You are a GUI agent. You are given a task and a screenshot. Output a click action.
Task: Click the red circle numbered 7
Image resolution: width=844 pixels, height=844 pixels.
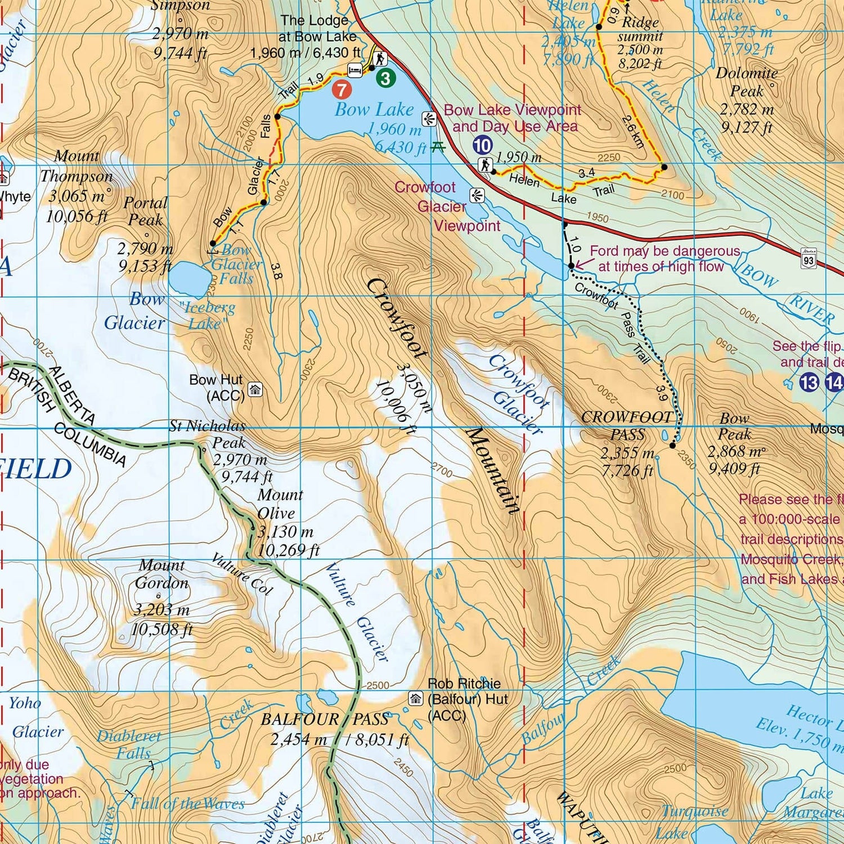[342, 89]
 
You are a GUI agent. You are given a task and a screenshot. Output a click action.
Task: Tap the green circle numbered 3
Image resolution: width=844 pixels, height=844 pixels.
[385, 78]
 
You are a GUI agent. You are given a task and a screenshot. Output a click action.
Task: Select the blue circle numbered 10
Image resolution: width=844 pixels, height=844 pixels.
[482, 145]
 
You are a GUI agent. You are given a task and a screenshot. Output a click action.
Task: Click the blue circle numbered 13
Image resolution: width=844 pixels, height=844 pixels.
[809, 383]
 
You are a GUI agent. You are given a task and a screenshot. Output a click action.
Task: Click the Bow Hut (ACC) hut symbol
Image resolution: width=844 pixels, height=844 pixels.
[255, 389]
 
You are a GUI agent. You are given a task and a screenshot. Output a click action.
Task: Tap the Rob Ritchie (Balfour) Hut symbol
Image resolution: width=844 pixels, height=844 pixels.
[416, 699]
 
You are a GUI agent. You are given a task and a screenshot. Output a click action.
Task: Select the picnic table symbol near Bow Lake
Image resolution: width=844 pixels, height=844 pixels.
[438, 147]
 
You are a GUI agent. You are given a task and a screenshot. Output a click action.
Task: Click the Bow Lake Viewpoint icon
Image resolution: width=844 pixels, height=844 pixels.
[429, 119]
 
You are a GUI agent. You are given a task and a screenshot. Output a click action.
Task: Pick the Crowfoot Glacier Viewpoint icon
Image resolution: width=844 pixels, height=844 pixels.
[477, 195]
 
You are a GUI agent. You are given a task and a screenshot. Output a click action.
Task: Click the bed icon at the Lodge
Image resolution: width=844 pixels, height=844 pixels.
[355, 70]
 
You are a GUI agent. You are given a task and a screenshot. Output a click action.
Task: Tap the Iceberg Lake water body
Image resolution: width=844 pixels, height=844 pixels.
[190, 278]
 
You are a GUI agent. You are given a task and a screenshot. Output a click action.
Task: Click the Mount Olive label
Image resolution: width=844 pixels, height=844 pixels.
[280, 504]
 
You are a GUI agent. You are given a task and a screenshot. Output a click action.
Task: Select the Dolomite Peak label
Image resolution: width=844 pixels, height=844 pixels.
[747, 82]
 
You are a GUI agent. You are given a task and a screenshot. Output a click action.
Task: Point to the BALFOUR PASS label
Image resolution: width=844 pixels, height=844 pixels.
[325, 719]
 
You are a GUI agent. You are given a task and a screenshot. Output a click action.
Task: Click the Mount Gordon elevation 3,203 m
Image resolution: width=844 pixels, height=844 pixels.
[161, 610]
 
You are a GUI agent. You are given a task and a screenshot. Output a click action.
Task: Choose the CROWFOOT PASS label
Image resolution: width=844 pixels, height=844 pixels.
[627, 425]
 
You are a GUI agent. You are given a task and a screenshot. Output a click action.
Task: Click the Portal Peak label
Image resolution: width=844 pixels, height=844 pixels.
[145, 211]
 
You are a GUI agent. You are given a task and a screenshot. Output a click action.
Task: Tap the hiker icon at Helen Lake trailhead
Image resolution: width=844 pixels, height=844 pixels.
[485, 165]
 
